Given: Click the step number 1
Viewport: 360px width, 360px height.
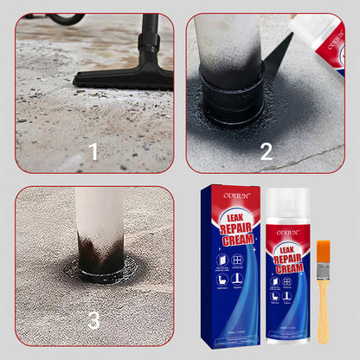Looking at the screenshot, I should (93, 152).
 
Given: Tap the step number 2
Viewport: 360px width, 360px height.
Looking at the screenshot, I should (266, 152).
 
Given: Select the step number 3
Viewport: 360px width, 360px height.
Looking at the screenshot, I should (93, 321).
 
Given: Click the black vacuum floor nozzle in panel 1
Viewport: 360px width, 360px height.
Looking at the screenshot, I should (126, 76).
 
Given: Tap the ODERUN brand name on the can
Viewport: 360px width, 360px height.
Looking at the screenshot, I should (288, 232).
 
